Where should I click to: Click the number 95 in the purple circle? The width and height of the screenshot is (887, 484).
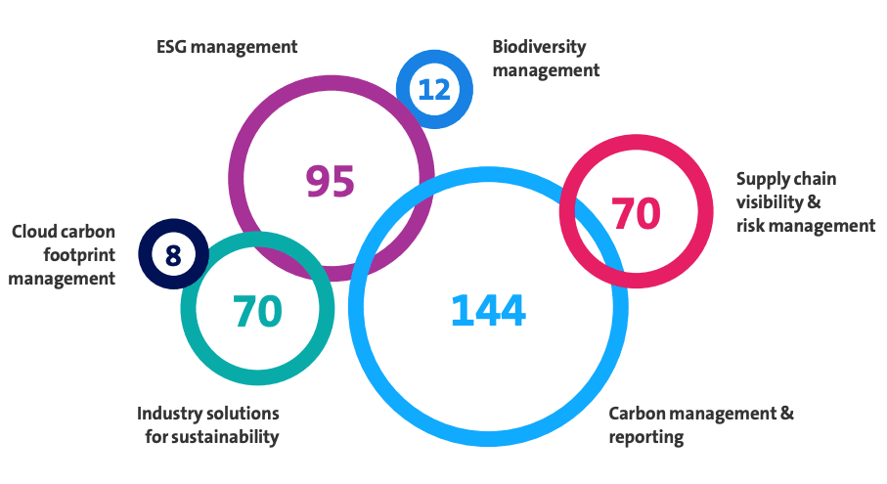(x=330, y=181)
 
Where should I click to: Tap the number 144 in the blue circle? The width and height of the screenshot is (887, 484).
(x=488, y=310)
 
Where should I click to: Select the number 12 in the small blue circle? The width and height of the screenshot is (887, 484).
(x=433, y=90)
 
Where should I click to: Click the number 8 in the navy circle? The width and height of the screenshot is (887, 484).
(x=173, y=256)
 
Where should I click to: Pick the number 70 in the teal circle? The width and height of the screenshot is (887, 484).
(x=257, y=311)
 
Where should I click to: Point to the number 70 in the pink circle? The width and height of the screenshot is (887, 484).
(x=636, y=213)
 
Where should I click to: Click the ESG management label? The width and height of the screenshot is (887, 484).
(x=226, y=46)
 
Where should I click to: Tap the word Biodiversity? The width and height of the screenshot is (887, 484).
(x=539, y=47)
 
